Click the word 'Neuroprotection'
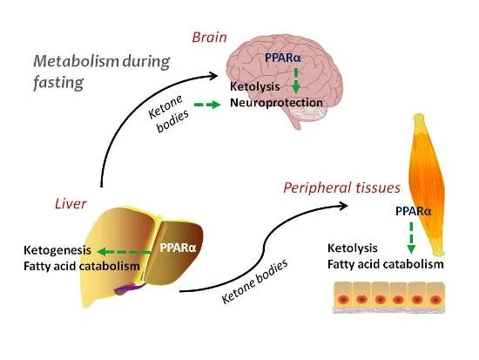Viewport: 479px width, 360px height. (x=276, y=103)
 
